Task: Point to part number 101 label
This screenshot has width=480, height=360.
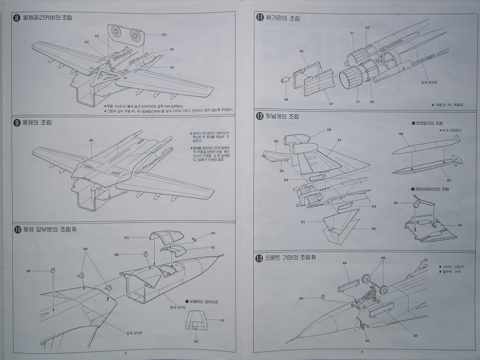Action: (x=164, y=35)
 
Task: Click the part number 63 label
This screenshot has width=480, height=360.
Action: (x=127, y=237)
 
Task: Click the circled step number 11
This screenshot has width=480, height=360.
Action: (x=260, y=17)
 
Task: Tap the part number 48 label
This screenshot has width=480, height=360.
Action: (x=302, y=52)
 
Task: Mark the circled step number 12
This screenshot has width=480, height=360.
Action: (x=260, y=116)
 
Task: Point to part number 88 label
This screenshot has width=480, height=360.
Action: (x=401, y=134)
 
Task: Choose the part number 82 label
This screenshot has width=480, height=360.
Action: (x=396, y=203)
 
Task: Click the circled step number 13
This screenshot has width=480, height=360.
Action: (x=260, y=258)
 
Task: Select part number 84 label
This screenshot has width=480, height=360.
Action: (x=345, y=263)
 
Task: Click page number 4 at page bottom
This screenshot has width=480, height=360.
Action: (x=125, y=353)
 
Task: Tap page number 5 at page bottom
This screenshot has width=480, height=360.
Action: (x=361, y=352)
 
